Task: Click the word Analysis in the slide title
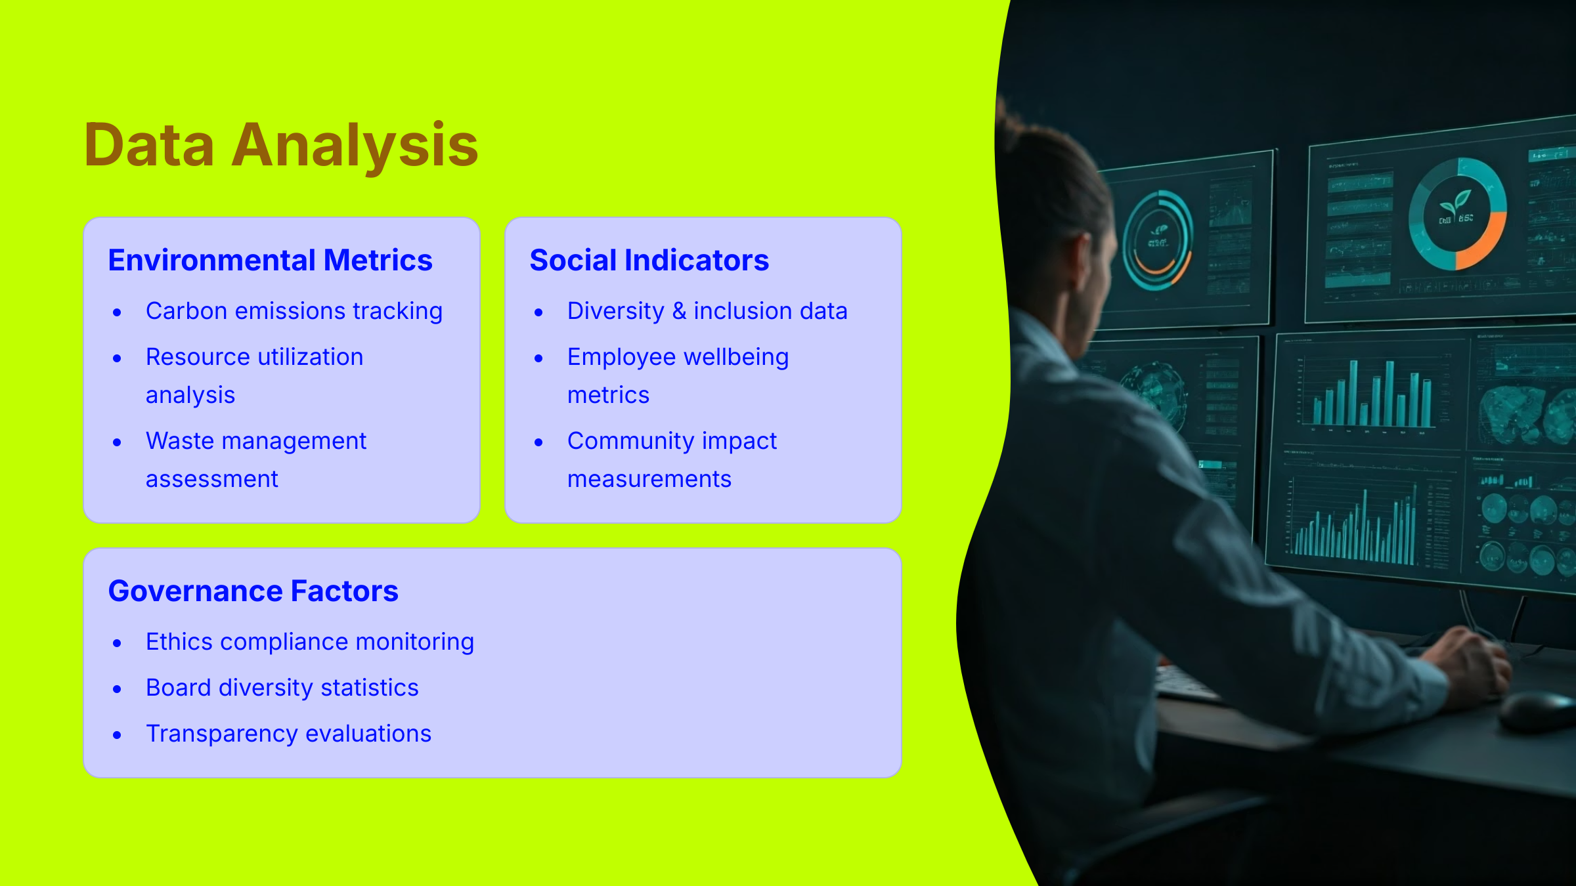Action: [355, 146]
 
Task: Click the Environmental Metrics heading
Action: [270, 261]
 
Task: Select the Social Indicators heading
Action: [649, 261]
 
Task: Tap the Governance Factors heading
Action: [253, 591]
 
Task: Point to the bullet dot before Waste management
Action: [117, 443]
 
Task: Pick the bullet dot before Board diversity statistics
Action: [117, 689]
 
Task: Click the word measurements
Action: [649, 479]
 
